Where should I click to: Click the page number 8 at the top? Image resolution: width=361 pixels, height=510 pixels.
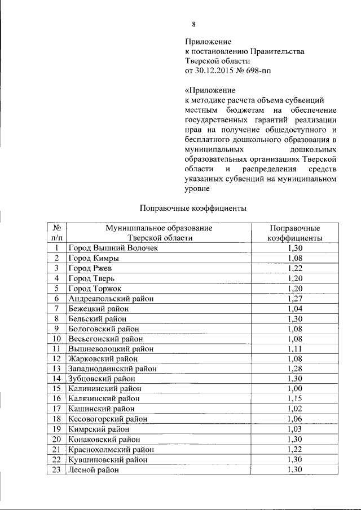[x=193, y=24]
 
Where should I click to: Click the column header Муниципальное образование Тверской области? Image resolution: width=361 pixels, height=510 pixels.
[x=159, y=233]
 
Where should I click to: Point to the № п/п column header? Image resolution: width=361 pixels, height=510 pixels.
[x=56, y=233]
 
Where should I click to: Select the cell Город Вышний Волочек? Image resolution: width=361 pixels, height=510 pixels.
[x=113, y=247]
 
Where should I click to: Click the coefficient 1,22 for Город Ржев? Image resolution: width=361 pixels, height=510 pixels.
[x=295, y=268]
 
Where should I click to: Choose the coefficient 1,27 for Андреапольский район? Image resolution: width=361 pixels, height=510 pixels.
[x=295, y=298]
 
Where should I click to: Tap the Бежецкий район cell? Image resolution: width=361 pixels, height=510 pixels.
[x=98, y=308]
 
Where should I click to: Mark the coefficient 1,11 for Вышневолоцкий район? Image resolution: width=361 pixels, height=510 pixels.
[x=295, y=349]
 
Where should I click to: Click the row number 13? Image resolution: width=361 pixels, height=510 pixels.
[x=56, y=369]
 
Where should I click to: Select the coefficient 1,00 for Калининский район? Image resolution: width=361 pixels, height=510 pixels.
[x=295, y=388]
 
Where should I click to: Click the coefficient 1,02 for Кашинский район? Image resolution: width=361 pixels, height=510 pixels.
[x=295, y=409]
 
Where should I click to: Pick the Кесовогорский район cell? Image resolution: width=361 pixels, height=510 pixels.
[x=107, y=419]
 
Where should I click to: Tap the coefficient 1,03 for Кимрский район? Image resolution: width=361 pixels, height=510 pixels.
[x=295, y=429]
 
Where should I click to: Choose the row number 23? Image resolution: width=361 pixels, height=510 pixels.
[x=56, y=469]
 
